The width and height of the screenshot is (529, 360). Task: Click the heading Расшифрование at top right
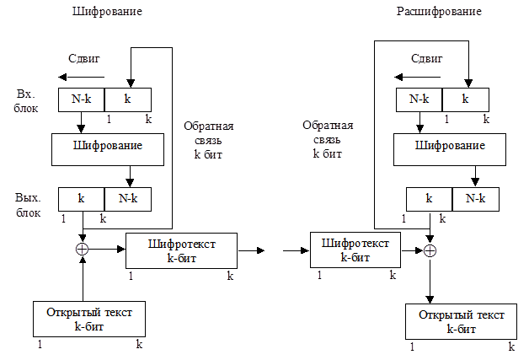tap(439, 12)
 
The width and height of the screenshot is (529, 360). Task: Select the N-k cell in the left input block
tap(81, 99)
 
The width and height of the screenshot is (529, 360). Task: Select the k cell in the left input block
tap(128, 99)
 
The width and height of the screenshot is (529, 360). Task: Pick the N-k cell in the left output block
tap(128, 198)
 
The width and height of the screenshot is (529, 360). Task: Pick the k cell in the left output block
tap(81, 198)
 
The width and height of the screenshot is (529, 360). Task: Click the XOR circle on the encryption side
tap(82, 250)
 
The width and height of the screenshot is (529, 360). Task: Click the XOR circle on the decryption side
tap(430, 250)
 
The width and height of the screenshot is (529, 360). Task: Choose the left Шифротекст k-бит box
tap(181, 250)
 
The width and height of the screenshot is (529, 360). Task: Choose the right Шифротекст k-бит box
tap(357, 250)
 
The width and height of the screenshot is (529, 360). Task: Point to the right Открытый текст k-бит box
tap(462, 321)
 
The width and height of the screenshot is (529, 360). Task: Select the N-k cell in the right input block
tap(419, 99)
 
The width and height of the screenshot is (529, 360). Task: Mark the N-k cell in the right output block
tap(476, 199)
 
